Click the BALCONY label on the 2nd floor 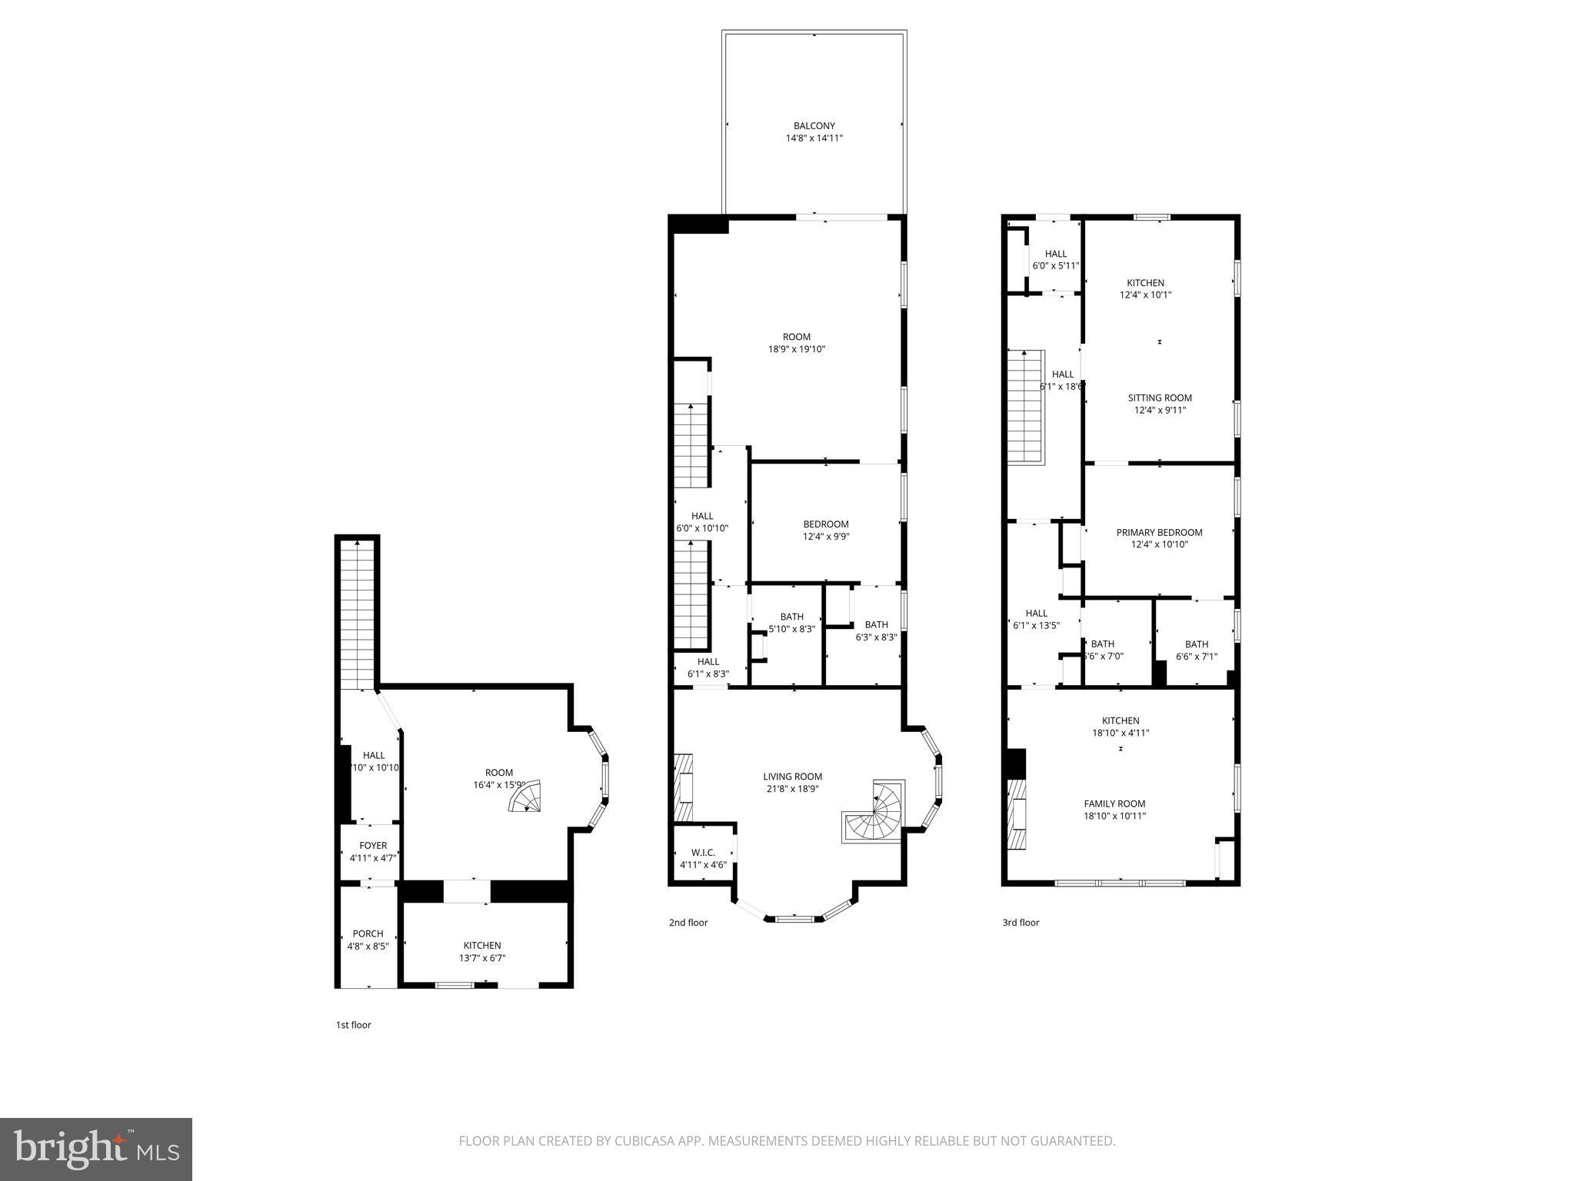814,126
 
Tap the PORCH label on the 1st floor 368,933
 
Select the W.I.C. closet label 703,852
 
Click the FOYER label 373,845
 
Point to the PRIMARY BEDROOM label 1159,532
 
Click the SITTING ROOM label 1160,398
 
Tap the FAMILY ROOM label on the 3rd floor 1114,803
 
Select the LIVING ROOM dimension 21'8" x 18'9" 792,788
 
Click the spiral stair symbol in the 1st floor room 526,797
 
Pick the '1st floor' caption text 353,1025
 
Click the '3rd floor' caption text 1021,923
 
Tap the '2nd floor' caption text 688,923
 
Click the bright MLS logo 96,1149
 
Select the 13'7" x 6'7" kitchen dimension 482,958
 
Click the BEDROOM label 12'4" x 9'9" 826,524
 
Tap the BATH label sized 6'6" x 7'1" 1196,644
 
